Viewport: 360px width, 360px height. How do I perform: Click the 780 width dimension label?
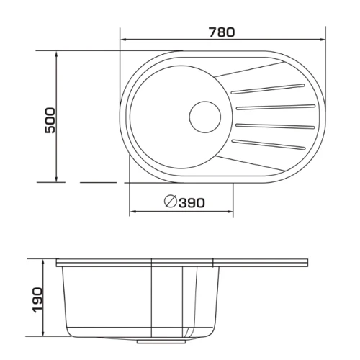click(222, 32)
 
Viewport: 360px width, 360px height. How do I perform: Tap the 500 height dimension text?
click(50, 120)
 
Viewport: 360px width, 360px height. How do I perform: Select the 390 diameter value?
click(192, 203)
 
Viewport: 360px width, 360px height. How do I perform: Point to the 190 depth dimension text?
click(37, 300)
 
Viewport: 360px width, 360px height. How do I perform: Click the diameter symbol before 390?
click(171, 202)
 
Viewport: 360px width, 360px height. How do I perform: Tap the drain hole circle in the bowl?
click(205, 117)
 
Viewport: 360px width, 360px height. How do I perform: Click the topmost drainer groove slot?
click(267, 89)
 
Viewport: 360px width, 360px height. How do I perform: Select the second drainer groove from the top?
click(276, 107)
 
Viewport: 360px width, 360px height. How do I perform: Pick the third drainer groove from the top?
click(275, 125)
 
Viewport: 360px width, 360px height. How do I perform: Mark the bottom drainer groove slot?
click(269, 144)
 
